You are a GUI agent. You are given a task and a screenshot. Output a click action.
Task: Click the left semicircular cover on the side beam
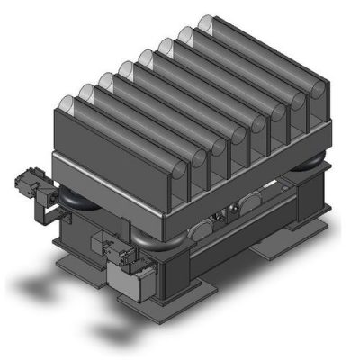[205, 229]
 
